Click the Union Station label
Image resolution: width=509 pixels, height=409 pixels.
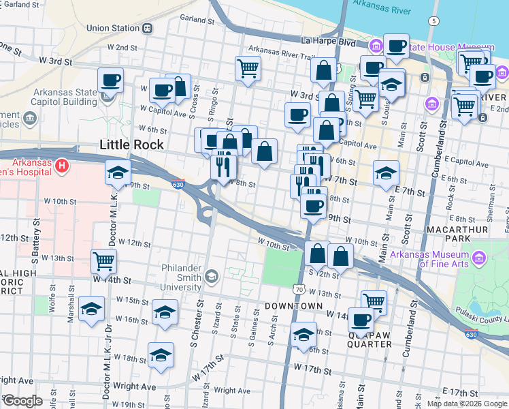pyautogui.click(x=112, y=29)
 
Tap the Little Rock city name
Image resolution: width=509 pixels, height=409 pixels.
pyautogui.click(x=131, y=145)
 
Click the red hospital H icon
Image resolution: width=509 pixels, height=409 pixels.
pyautogui.click(x=62, y=166)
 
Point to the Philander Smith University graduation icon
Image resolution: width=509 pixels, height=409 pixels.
pyautogui.click(x=212, y=275)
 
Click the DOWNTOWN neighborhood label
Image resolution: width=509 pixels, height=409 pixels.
pyautogui.click(x=293, y=306)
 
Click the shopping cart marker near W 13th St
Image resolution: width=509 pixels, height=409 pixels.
pyautogui.click(x=103, y=260)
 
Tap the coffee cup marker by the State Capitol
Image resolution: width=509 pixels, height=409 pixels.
pyautogui.click(x=110, y=79)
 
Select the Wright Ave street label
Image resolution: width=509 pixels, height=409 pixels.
pyautogui.click(x=16, y=380)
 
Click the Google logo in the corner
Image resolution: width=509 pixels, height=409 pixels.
pyautogui.click(x=22, y=401)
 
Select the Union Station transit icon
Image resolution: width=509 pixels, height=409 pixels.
pyautogui.click(x=147, y=29)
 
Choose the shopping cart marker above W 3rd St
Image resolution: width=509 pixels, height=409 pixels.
pyautogui.click(x=248, y=67)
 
